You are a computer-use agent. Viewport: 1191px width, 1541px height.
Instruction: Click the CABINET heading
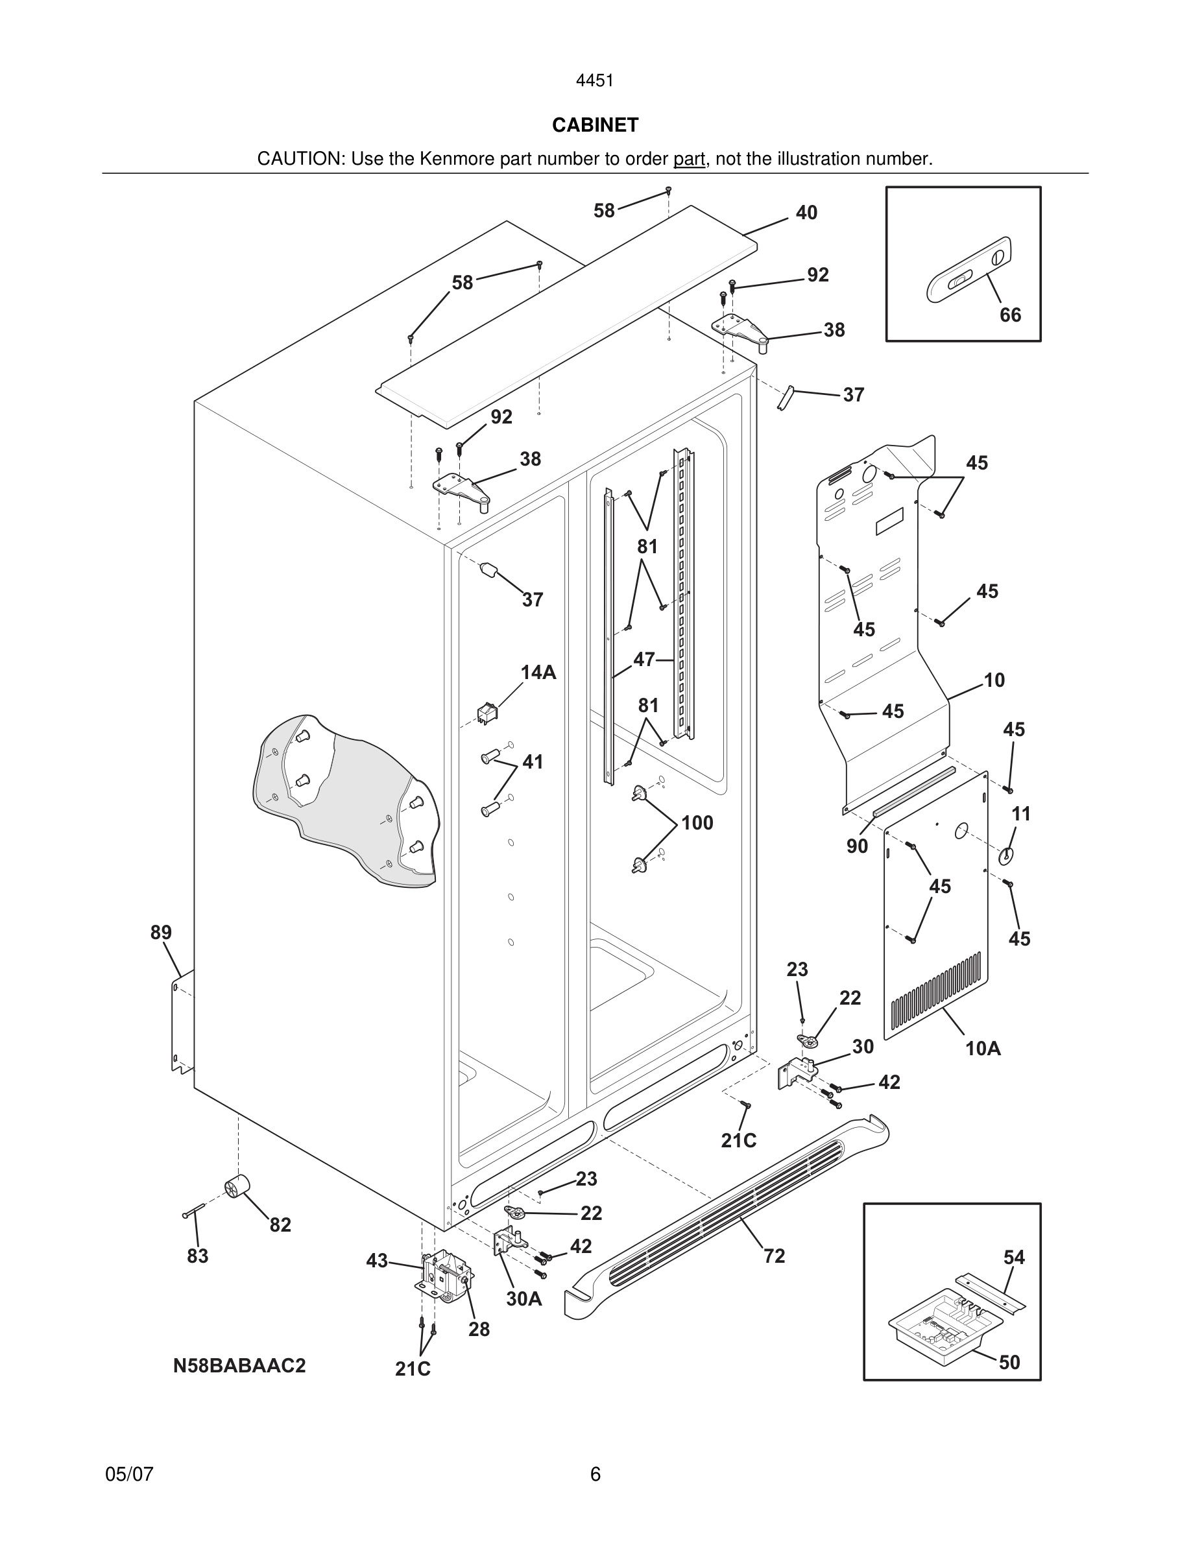point(595,125)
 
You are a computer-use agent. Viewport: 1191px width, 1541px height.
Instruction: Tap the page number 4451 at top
point(595,81)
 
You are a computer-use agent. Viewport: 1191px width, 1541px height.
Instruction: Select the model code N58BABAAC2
point(239,1365)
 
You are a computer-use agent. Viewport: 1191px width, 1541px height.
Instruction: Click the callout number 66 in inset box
point(1009,315)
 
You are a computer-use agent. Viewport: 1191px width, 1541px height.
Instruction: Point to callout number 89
point(161,932)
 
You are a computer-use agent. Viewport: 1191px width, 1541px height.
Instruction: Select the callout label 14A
point(538,673)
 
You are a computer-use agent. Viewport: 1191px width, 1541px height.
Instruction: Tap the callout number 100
point(697,823)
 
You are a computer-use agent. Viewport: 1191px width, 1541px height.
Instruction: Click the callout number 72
point(774,1255)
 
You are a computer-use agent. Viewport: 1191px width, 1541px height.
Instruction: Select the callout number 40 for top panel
point(806,212)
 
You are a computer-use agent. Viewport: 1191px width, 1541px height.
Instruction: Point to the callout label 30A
point(523,1298)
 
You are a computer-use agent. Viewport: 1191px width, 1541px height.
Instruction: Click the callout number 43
point(377,1260)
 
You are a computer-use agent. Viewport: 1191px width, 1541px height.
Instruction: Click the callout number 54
point(1014,1257)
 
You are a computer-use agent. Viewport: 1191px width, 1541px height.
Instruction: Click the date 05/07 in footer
point(129,1474)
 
